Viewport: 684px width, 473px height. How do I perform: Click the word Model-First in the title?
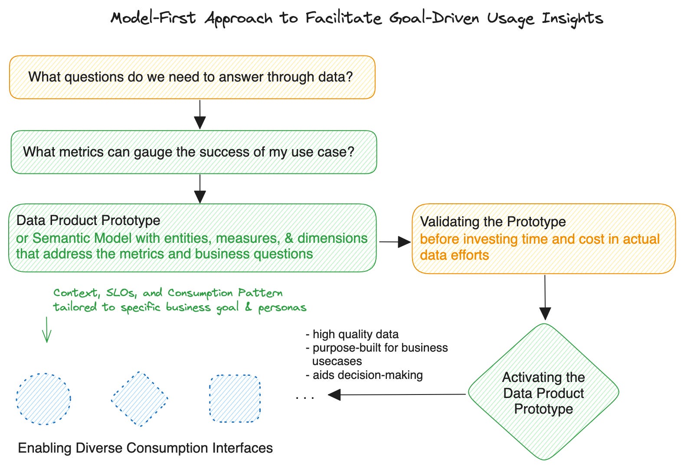(x=153, y=18)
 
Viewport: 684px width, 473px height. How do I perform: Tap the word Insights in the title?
(x=572, y=18)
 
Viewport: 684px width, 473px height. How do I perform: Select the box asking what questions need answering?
(x=192, y=77)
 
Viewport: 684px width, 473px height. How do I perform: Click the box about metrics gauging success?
(x=193, y=152)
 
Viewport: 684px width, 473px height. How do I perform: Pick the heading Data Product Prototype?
(x=88, y=220)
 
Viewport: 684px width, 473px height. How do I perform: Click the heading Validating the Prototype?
(x=493, y=222)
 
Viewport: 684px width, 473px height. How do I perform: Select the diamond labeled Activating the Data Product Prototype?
(x=543, y=392)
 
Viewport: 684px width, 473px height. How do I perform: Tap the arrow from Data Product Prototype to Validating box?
(x=394, y=242)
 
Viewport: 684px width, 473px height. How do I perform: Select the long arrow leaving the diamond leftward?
(x=397, y=395)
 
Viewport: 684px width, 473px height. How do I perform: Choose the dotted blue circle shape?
(x=43, y=398)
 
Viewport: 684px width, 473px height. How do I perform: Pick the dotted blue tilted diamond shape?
(x=139, y=398)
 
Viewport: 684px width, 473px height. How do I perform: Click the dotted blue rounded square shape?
(x=235, y=398)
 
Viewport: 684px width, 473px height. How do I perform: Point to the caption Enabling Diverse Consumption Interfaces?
(x=145, y=448)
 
